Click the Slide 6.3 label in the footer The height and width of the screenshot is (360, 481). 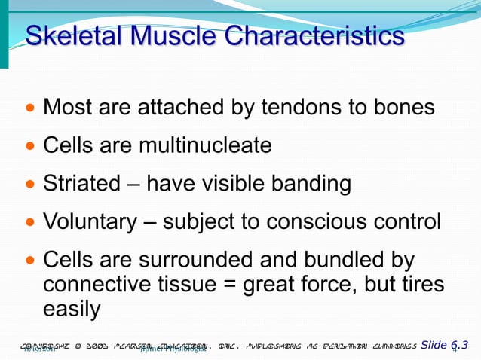pyautogui.click(x=444, y=345)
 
